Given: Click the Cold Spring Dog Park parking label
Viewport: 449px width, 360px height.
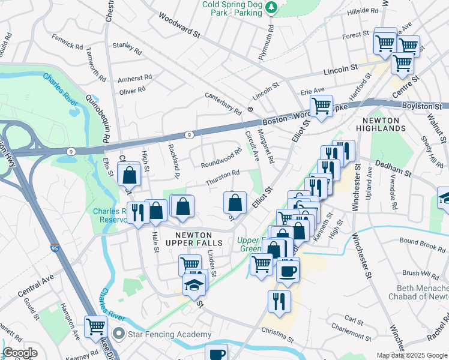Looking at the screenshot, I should click(233, 8).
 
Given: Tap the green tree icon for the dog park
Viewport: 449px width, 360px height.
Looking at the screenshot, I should click(272, 7).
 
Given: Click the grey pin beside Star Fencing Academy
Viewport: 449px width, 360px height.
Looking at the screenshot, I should click(119, 334).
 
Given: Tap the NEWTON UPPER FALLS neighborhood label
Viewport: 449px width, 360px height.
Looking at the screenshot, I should click(199, 238).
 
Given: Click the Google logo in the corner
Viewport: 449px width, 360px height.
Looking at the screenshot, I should click(20, 353).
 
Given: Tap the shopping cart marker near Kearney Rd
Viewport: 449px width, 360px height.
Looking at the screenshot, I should click(95, 327).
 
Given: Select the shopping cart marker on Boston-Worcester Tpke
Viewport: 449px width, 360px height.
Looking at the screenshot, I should click(322, 107).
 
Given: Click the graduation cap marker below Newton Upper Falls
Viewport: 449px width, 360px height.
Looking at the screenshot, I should click(194, 286).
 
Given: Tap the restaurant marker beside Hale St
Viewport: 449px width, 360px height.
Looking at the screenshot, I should click(137, 214).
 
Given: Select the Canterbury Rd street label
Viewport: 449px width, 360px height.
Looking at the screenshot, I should click(223, 103).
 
